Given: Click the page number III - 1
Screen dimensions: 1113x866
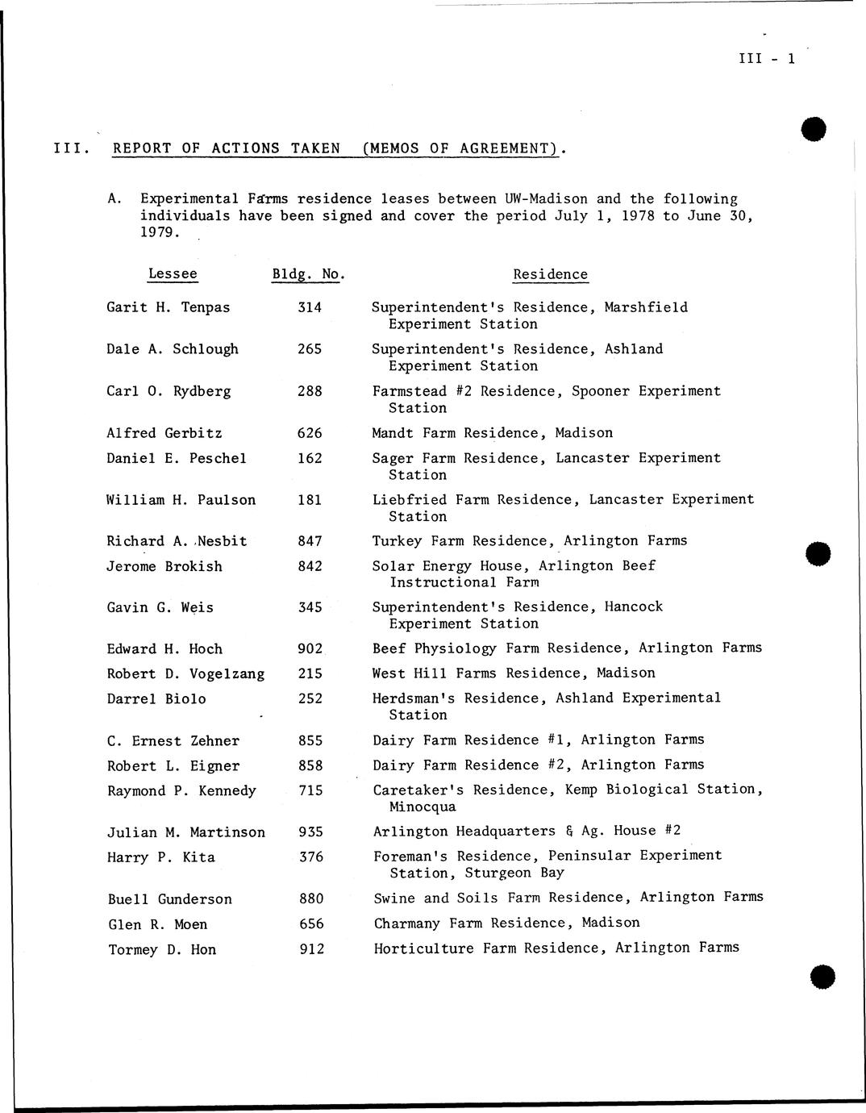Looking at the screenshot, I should tap(766, 58).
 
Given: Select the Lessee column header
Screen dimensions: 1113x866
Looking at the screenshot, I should tap(173, 273).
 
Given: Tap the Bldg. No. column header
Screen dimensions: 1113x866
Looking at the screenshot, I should tap(308, 274).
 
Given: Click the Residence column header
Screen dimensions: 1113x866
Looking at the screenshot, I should tap(550, 274).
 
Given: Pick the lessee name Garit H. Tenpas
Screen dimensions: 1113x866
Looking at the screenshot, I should tap(168, 307).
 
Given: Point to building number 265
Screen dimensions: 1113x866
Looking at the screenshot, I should tap(310, 349).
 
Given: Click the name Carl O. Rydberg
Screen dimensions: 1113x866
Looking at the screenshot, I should tap(169, 391).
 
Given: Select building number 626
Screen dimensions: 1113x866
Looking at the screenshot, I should tap(310, 433).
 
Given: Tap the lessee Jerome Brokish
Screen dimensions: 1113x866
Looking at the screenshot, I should tap(164, 566).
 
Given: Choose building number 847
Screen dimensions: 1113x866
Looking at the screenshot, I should tap(310, 541).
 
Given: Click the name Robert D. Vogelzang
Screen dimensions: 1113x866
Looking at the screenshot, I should tap(185, 674).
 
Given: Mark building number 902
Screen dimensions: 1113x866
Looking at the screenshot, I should tap(310, 649).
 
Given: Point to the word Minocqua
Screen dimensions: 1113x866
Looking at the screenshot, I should tap(422, 807).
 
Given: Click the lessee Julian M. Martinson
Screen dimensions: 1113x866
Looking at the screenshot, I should tap(186, 832).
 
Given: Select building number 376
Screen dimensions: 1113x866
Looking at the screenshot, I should tap(311, 857).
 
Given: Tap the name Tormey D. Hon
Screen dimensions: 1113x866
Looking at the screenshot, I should tap(162, 950).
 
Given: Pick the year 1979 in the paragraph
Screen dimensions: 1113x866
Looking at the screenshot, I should tap(159, 232).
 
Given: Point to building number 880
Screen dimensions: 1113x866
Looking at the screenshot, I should tap(311, 899).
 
